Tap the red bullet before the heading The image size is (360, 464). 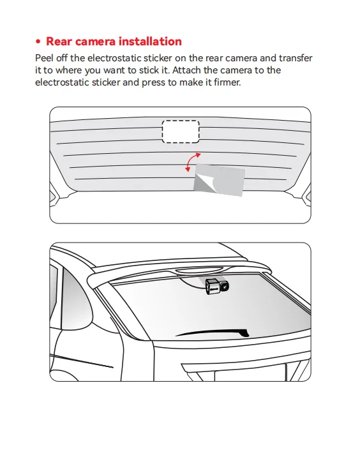click(x=38, y=41)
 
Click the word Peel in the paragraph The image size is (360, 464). click(x=44, y=58)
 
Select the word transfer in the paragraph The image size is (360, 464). click(x=296, y=58)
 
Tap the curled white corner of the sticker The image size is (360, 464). click(x=202, y=182)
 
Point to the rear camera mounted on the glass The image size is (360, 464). click(x=217, y=287)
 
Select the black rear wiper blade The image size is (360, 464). click(x=213, y=333)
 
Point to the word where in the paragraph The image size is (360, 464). click(x=68, y=70)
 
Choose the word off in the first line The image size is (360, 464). click(x=62, y=58)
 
